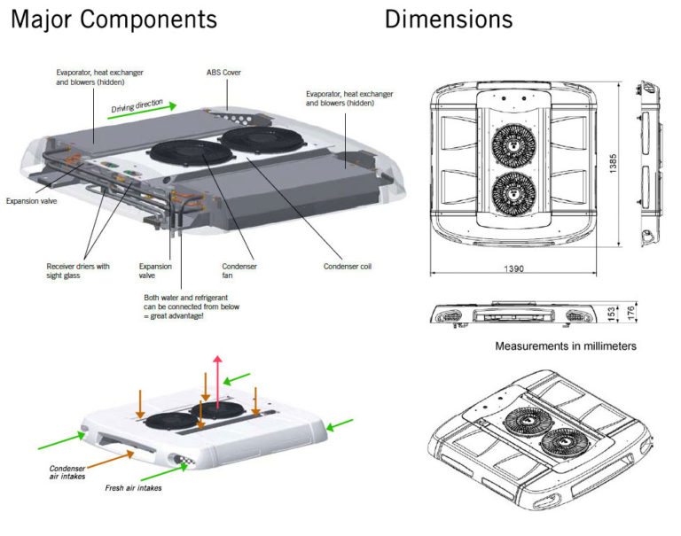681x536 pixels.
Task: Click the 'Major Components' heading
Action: [x=113, y=19]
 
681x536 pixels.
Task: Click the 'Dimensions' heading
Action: [x=448, y=19]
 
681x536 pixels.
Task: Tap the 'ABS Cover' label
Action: [x=224, y=73]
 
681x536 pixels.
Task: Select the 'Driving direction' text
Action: [x=137, y=109]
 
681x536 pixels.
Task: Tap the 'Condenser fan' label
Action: [x=238, y=269]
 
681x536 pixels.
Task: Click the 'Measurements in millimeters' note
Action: [x=565, y=346]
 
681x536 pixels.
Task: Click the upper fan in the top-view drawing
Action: [x=514, y=141]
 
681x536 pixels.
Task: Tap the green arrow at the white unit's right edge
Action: [x=340, y=425]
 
